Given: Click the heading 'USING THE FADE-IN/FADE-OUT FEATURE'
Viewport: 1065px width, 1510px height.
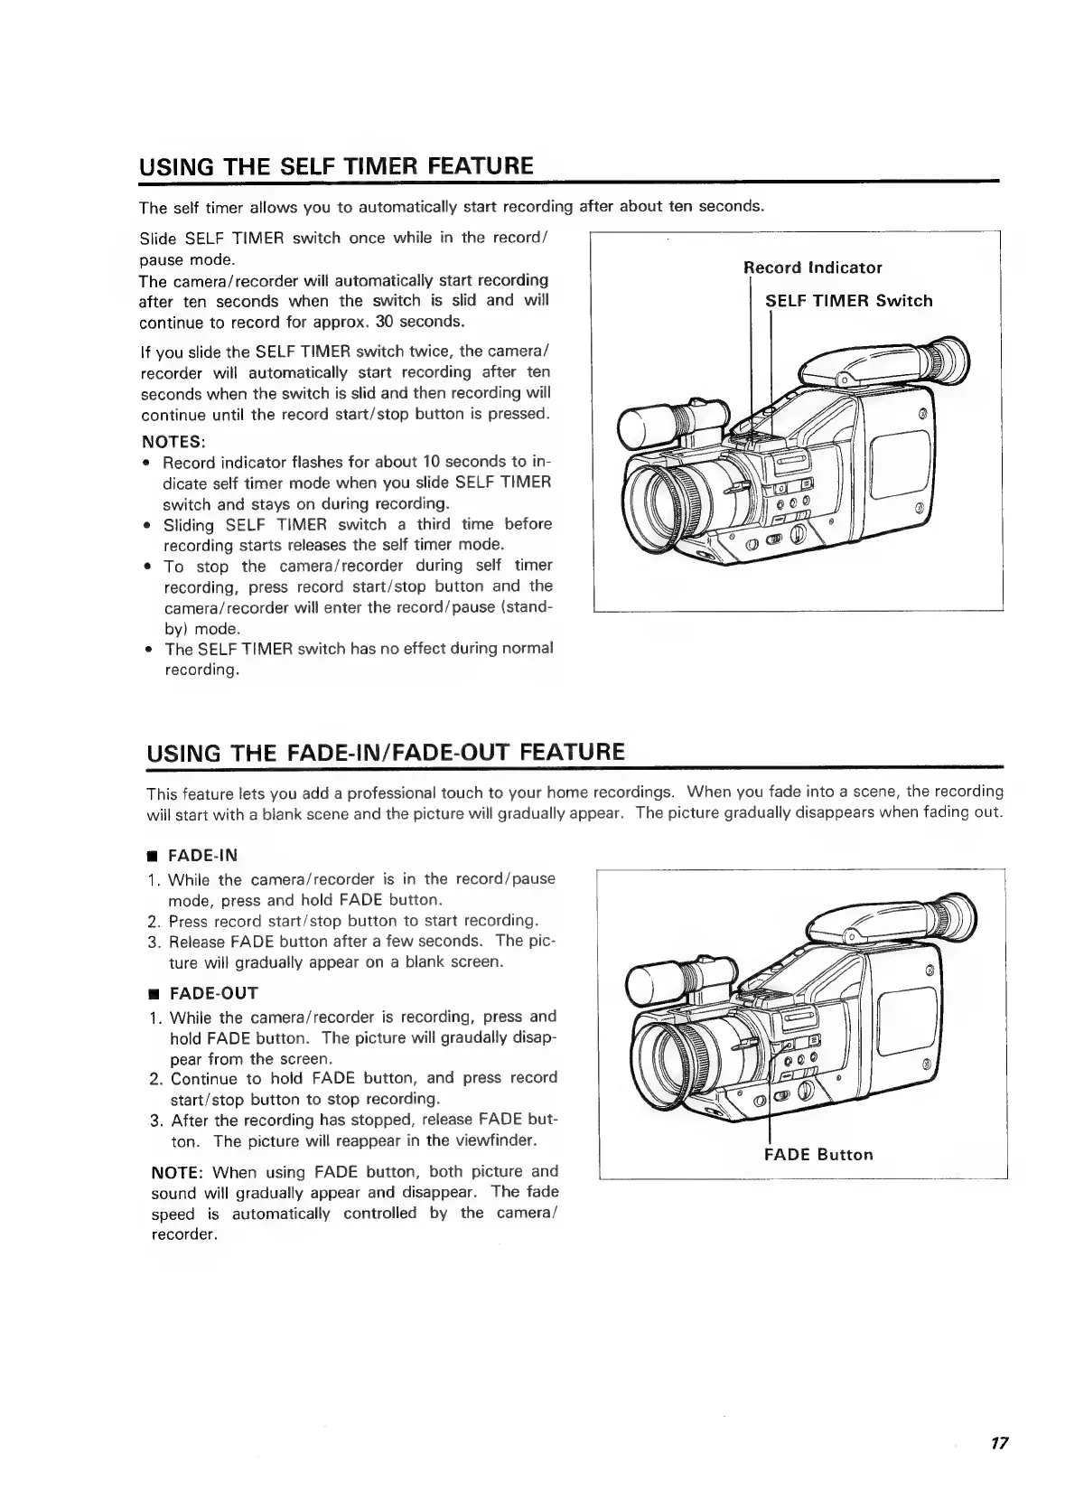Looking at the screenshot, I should tap(385, 752).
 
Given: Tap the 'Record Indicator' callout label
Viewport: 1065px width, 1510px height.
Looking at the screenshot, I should tap(812, 267).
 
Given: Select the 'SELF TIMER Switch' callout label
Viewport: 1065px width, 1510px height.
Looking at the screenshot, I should tap(848, 301).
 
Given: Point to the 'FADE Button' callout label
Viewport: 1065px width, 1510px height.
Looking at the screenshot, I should tap(818, 1154).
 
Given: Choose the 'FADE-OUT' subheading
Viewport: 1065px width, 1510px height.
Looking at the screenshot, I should tap(213, 993).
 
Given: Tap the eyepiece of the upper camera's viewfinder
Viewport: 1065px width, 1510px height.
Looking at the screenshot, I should tap(951, 363).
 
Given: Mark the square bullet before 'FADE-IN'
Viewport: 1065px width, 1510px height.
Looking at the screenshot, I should tap(153, 857).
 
